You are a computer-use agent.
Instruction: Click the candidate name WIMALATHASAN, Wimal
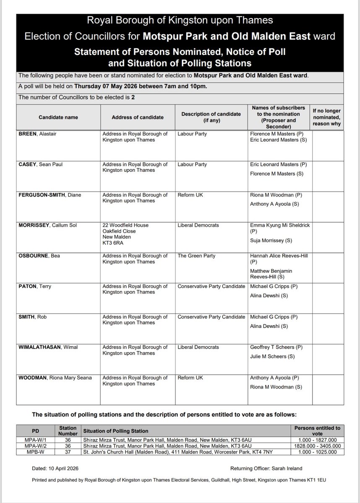48,347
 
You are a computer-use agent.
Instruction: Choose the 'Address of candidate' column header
138,117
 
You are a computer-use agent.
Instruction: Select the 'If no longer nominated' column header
327,117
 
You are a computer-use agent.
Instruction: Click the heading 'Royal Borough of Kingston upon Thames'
180,20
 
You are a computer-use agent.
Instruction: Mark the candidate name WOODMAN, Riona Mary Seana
54,377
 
